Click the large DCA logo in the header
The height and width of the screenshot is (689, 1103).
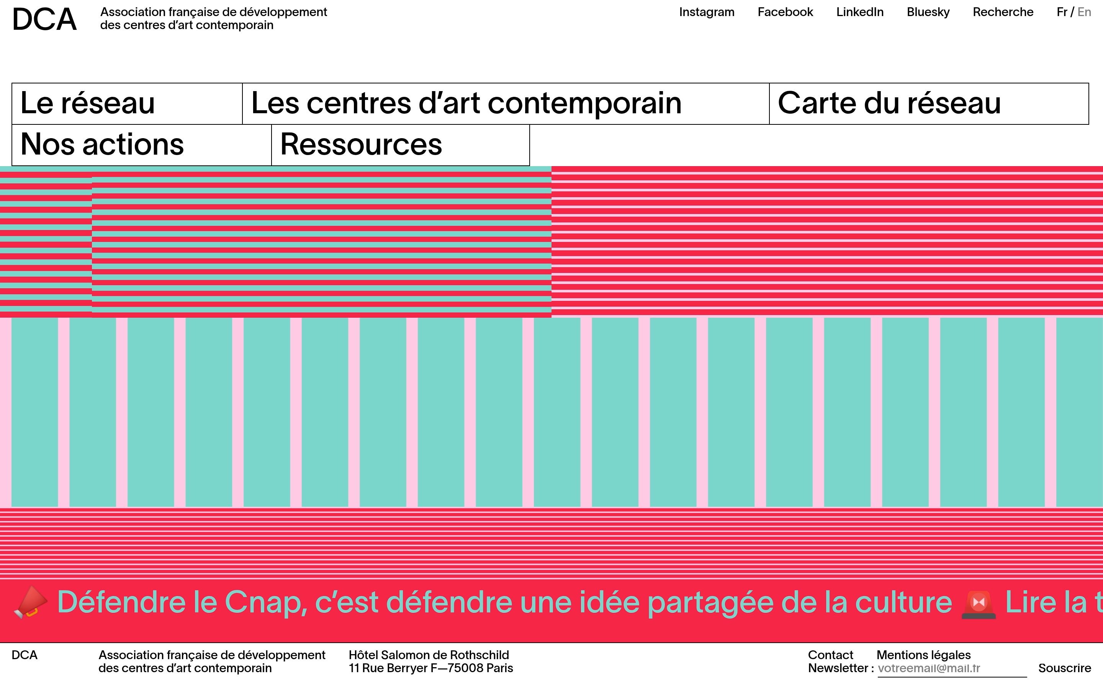(44, 20)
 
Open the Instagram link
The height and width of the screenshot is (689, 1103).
(707, 12)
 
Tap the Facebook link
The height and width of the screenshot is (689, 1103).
(785, 12)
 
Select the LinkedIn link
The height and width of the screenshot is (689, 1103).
(859, 12)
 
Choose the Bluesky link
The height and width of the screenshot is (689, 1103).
(928, 12)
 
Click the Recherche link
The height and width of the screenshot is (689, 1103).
(1003, 12)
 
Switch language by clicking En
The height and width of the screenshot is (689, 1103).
(1084, 12)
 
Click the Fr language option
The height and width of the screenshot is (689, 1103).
(1062, 12)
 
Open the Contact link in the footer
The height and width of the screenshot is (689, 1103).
(830, 655)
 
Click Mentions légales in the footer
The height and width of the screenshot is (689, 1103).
(923, 655)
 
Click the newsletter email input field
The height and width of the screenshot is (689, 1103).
(951, 668)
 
